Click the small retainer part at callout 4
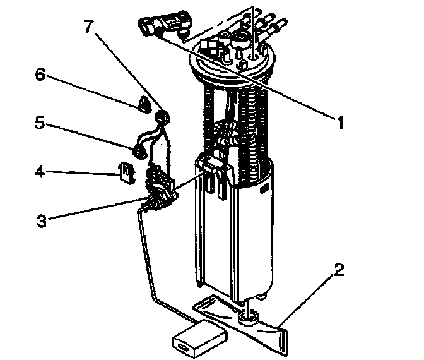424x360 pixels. pyautogui.click(x=126, y=171)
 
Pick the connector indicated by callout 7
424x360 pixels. pyautogui.click(x=163, y=116)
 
